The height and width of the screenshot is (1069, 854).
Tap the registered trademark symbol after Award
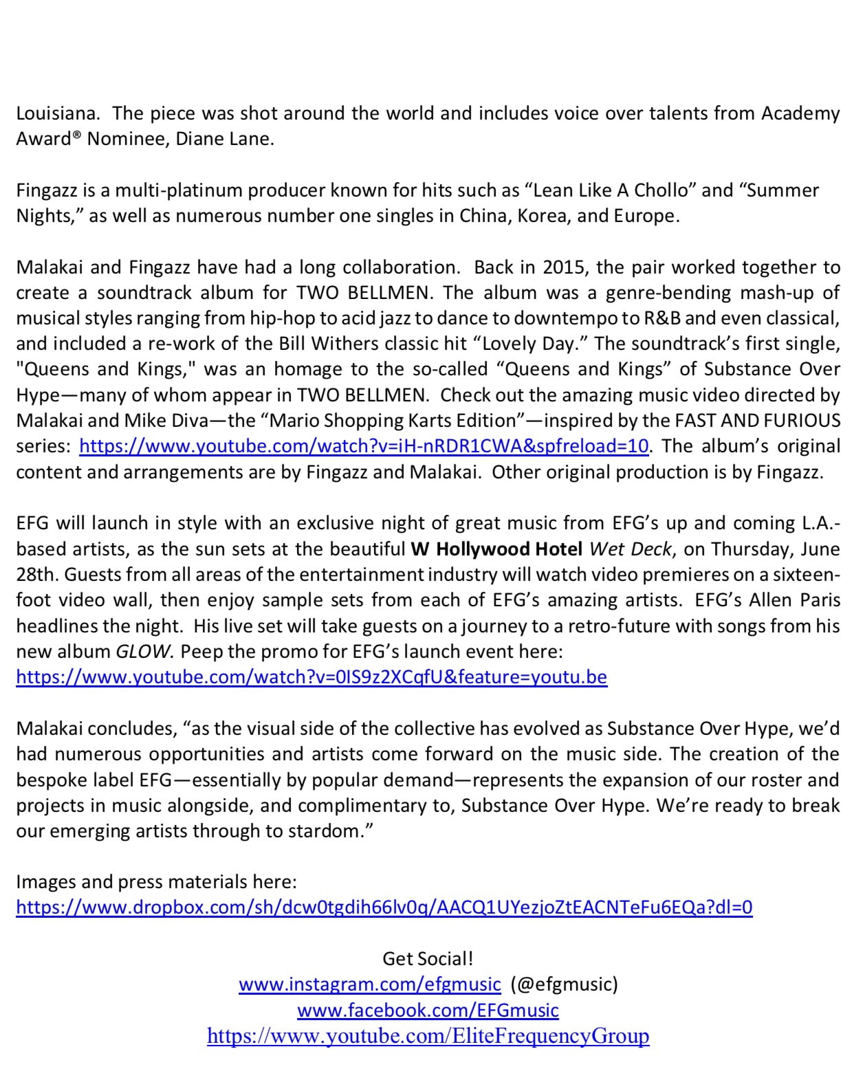pos(77,135)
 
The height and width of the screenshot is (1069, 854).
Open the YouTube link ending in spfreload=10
pos(364,446)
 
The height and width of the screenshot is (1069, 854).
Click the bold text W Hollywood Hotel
pos(496,549)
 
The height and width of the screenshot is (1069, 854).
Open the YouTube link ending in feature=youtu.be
pos(311,677)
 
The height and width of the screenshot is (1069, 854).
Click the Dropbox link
pos(384,907)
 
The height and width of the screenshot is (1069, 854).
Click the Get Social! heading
pos(427,958)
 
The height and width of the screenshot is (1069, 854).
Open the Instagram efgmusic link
pos(370,984)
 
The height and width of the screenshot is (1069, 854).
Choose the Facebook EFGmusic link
pos(428,1011)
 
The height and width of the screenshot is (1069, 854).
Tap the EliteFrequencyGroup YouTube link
pos(428,1036)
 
